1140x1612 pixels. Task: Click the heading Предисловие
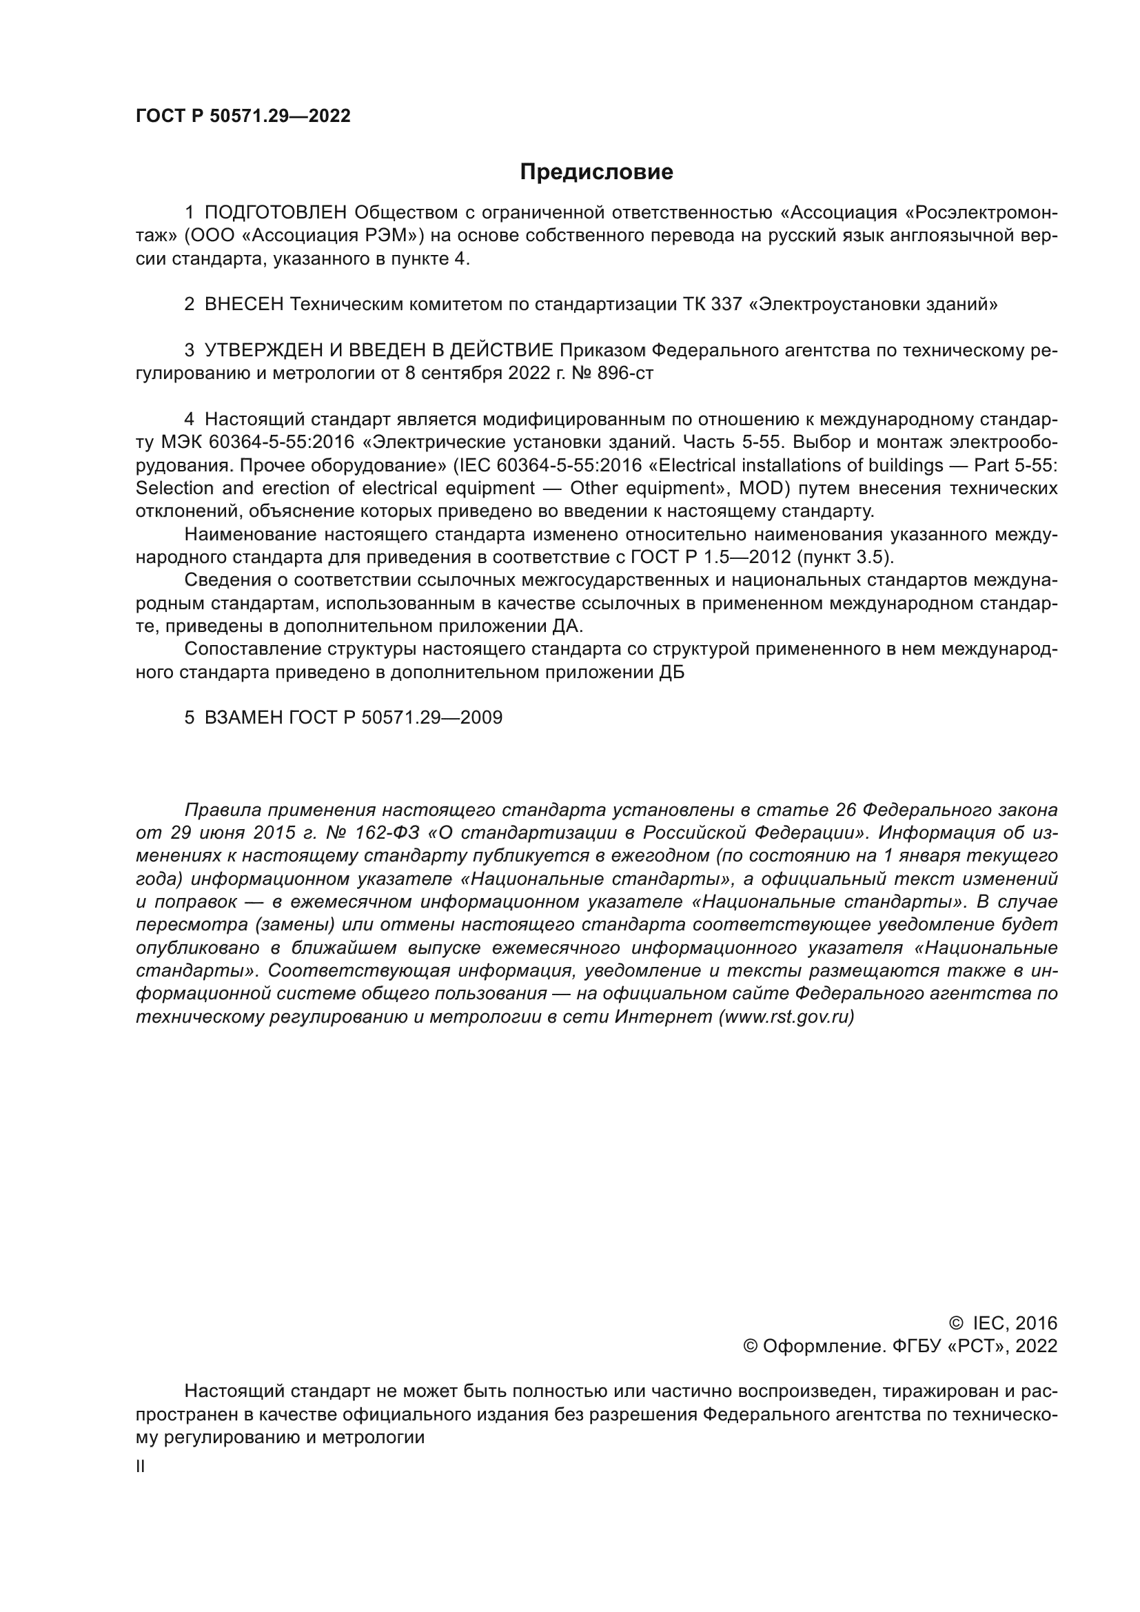(596, 172)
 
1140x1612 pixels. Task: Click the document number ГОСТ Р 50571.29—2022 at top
(243, 116)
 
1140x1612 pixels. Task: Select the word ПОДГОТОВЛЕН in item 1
(276, 213)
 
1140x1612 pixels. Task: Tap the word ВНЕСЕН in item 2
(244, 305)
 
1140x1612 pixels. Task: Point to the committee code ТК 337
(713, 305)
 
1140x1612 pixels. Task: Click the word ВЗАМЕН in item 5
(244, 717)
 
